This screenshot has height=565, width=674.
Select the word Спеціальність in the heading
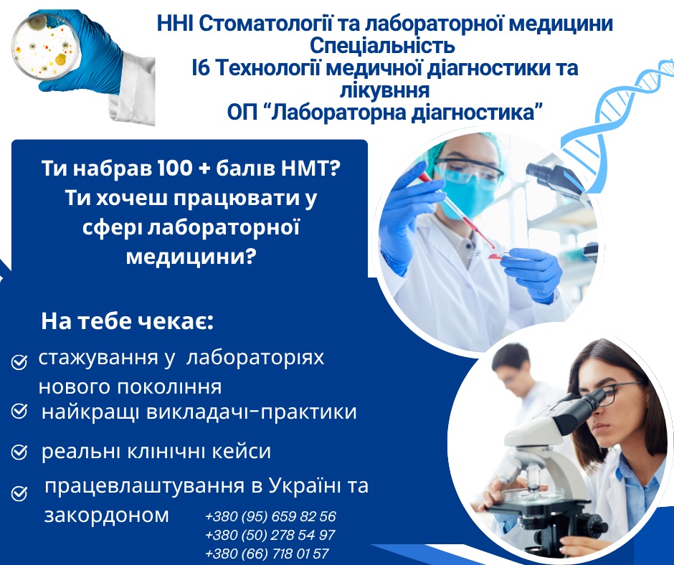383,45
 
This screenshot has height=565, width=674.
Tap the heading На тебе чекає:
127,322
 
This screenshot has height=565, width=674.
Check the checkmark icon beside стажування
19,362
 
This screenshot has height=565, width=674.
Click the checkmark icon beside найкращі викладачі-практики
19,411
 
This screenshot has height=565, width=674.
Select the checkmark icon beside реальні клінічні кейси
19,452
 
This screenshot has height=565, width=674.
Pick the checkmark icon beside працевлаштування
19,493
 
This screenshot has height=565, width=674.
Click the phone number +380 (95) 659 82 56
270,516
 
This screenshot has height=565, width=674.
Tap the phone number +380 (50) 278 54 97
270,536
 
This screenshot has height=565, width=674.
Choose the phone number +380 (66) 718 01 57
267,554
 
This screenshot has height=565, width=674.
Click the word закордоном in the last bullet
107,515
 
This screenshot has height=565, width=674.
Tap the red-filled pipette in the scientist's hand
457,210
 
